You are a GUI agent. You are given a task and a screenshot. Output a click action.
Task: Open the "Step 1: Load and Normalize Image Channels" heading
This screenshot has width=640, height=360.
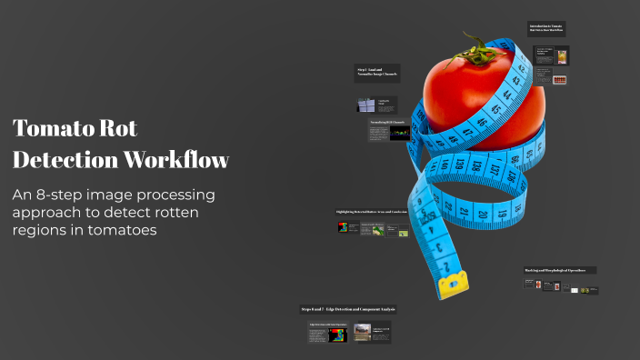pyautogui.click(x=376, y=73)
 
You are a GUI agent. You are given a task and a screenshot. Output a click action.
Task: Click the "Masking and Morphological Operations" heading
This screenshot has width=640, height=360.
pyautogui.click(x=560, y=270)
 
